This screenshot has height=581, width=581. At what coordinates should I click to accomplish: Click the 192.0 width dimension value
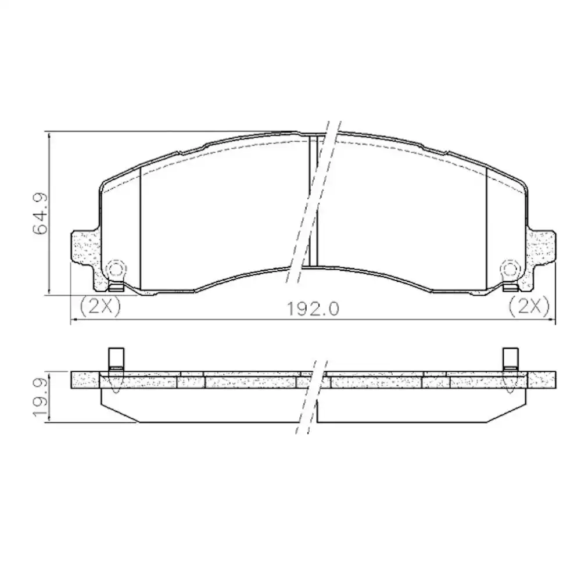click(x=312, y=308)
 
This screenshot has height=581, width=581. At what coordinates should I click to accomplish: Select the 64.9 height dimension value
click(x=40, y=214)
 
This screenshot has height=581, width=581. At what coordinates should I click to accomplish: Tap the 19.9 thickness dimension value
click(x=40, y=398)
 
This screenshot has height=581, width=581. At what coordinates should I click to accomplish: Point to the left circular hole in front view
click(x=116, y=268)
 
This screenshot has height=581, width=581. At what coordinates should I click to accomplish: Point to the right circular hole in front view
click(x=510, y=268)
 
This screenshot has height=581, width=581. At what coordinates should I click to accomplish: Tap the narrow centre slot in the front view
click(x=313, y=203)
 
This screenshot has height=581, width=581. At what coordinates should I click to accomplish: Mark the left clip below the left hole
click(x=116, y=286)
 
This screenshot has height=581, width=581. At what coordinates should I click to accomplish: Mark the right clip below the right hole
click(x=510, y=286)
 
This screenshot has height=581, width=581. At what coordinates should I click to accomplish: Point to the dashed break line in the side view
click(x=308, y=401)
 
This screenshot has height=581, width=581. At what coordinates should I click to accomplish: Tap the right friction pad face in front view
click(x=401, y=215)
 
